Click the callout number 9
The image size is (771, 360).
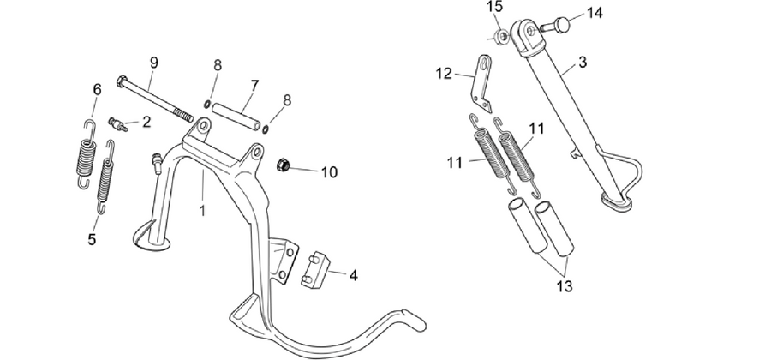tap(154, 63)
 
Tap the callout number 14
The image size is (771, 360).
tap(595, 13)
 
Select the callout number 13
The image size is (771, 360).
tap(565, 286)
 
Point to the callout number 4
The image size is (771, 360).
tap(353, 276)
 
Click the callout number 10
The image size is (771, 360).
tap(330, 172)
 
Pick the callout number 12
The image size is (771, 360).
tap(444, 74)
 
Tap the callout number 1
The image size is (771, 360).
tap(202, 211)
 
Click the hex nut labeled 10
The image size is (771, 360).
tap(283, 165)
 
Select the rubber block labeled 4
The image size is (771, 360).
tap(314, 271)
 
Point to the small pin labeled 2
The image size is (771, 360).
tap(118, 124)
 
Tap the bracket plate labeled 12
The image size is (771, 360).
tap(481, 84)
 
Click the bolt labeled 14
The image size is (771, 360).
tap(555, 24)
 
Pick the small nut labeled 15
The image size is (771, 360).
tap(501, 36)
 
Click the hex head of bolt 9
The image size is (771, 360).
tap(122, 81)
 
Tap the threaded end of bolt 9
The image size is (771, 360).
tap(185, 117)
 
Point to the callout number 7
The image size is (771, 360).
tap(254, 86)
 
